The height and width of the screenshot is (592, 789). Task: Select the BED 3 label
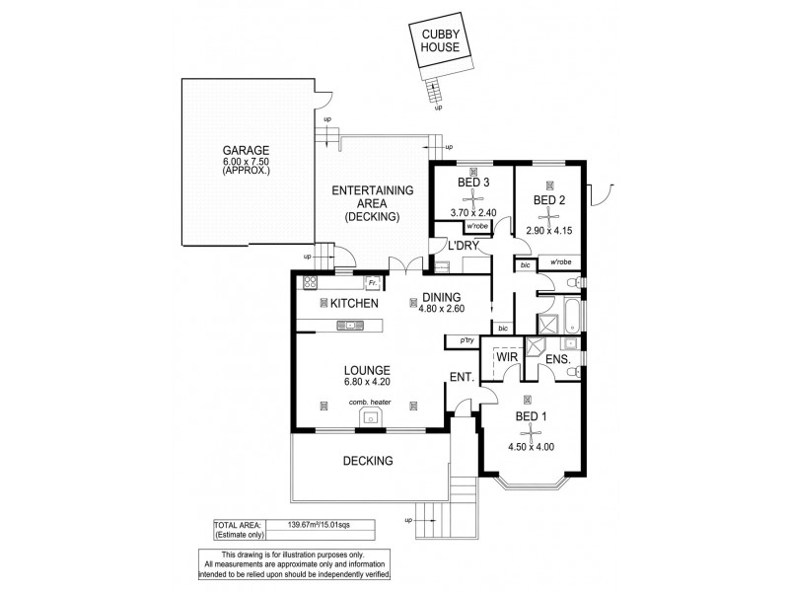(462, 184)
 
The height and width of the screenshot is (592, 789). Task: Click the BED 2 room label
(549, 200)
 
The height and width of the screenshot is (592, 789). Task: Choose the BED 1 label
(530, 417)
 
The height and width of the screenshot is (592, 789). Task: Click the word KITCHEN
(355, 303)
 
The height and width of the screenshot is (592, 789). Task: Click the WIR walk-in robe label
(508, 354)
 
